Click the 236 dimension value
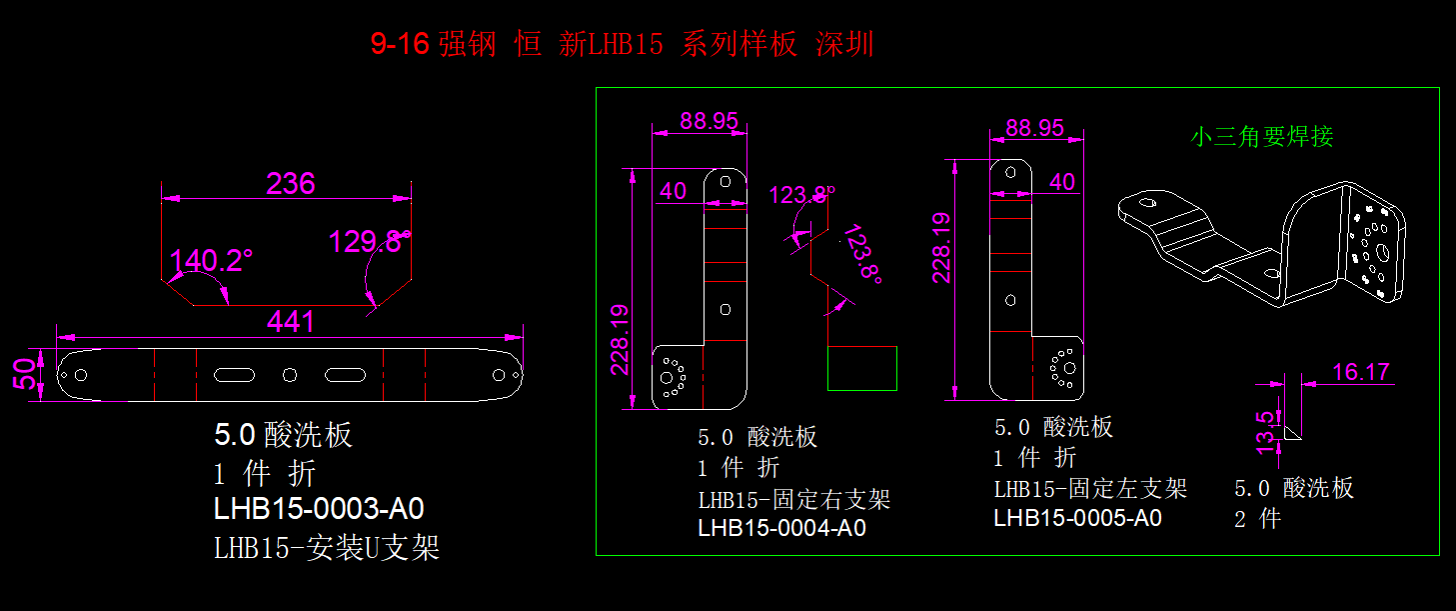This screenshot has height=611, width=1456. [290, 184]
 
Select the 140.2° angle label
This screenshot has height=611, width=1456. [211, 261]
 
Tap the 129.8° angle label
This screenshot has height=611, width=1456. [370, 241]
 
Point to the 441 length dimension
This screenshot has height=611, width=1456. [290, 321]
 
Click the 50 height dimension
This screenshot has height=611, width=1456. [30, 374]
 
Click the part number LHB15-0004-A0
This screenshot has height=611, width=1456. [781, 528]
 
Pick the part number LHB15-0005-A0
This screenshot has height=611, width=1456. [1077, 518]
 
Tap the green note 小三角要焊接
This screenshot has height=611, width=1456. [1262, 137]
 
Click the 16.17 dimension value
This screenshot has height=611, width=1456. [1360, 372]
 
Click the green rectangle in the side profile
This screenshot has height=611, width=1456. [861, 368]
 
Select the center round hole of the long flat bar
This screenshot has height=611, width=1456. [290, 375]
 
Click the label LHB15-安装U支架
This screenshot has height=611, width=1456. [327, 548]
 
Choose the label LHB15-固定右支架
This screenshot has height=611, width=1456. [793, 499]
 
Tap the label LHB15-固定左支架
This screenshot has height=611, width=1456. [1090, 489]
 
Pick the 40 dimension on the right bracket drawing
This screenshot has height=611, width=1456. [674, 191]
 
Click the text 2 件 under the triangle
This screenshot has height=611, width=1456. [1257, 519]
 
